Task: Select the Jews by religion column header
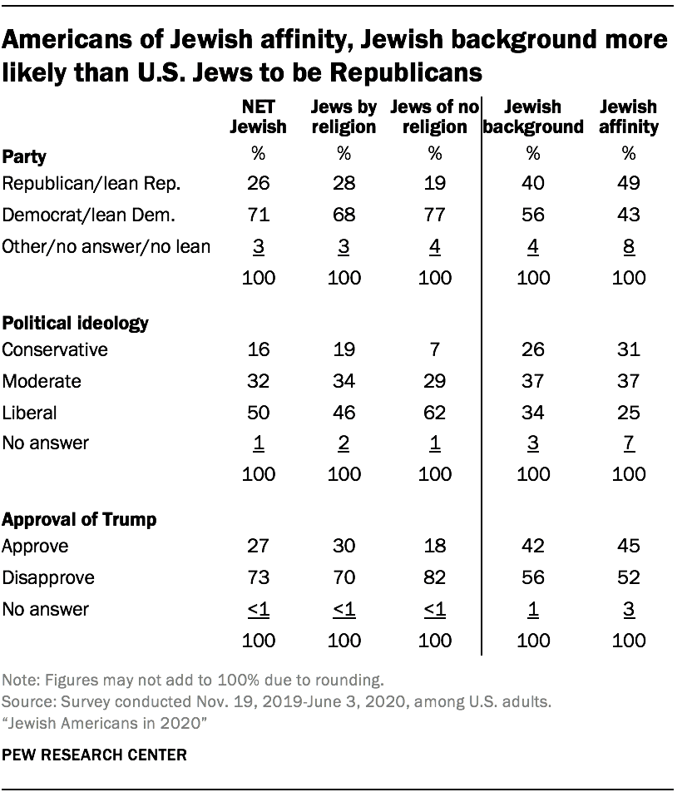344,117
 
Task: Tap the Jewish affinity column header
628,117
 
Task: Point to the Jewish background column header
533,117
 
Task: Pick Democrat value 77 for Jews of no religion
433,215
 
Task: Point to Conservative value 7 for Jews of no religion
433,350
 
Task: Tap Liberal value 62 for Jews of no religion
433,412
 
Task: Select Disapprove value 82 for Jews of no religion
433,578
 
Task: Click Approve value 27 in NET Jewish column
258,547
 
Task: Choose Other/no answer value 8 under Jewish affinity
628,246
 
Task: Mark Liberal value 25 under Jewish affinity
628,412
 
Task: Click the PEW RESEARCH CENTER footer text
95,755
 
